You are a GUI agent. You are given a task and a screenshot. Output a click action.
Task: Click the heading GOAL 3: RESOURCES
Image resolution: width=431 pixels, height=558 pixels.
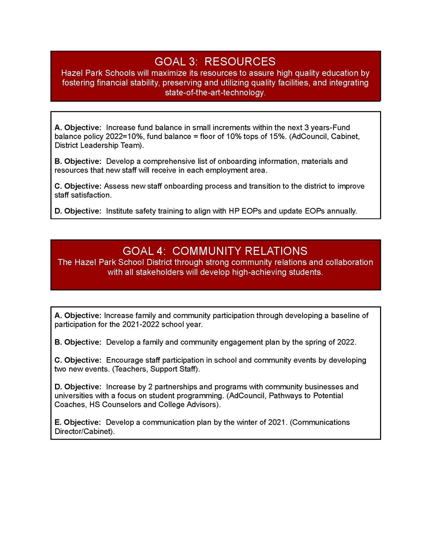coord(215,62)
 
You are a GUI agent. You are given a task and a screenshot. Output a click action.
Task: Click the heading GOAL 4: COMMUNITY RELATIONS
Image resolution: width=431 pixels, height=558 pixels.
coord(215,251)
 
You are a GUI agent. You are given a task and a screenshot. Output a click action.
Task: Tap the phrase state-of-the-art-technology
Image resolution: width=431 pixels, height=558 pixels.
coord(215,93)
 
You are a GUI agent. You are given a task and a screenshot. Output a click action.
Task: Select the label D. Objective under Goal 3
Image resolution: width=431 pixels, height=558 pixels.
coord(78,211)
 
